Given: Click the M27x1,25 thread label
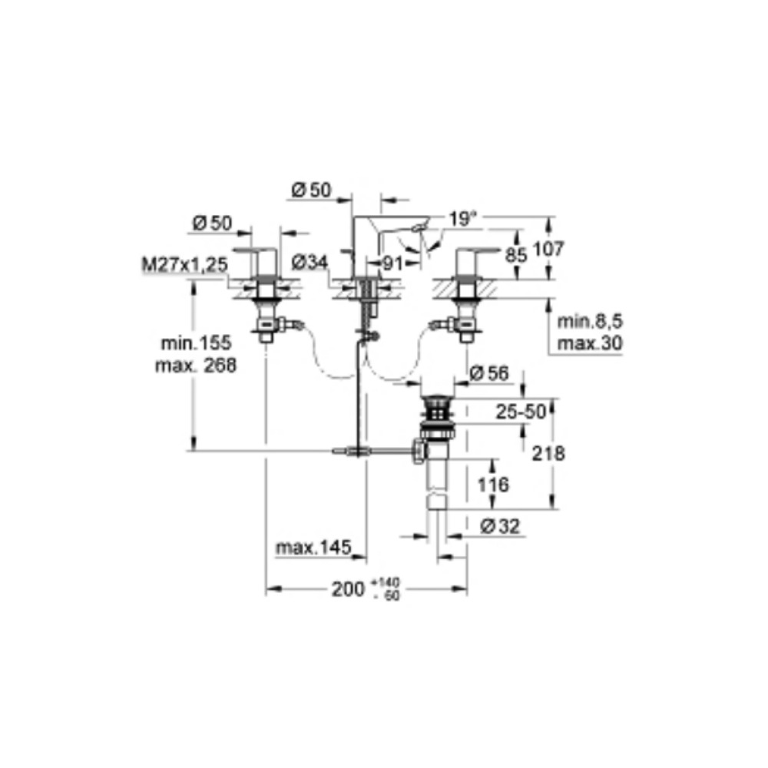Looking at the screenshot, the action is click(x=184, y=264).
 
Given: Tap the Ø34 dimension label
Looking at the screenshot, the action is click(x=310, y=263).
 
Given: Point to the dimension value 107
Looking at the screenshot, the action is click(x=548, y=249).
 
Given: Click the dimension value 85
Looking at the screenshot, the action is click(x=516, y=255).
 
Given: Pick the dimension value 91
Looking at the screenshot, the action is click(x=392, y=264).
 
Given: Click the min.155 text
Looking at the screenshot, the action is click(x=196, y=343).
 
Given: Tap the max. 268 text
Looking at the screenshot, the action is click(x=196, y=365).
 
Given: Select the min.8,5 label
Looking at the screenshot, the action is click(x=590, y=321).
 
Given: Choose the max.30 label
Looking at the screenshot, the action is click(x=590, y=343).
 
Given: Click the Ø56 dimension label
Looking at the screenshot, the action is click(x=489, y=373).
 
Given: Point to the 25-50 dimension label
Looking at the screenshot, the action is click(x=521, y=412).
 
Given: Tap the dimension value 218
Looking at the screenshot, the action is click(x=548, y=454).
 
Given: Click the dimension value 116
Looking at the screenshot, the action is click(x=493, y=485).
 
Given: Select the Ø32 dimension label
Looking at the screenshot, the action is click(x=500, y=527).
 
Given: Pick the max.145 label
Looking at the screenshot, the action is click(x=313, y=547).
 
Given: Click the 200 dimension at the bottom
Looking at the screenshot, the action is click(x=348, y=589).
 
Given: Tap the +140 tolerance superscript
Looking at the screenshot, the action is click(x=386, y=583).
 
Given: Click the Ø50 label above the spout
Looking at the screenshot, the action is click(x=312, y=190).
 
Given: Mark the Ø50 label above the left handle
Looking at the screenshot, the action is click(x=212, y=223).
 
